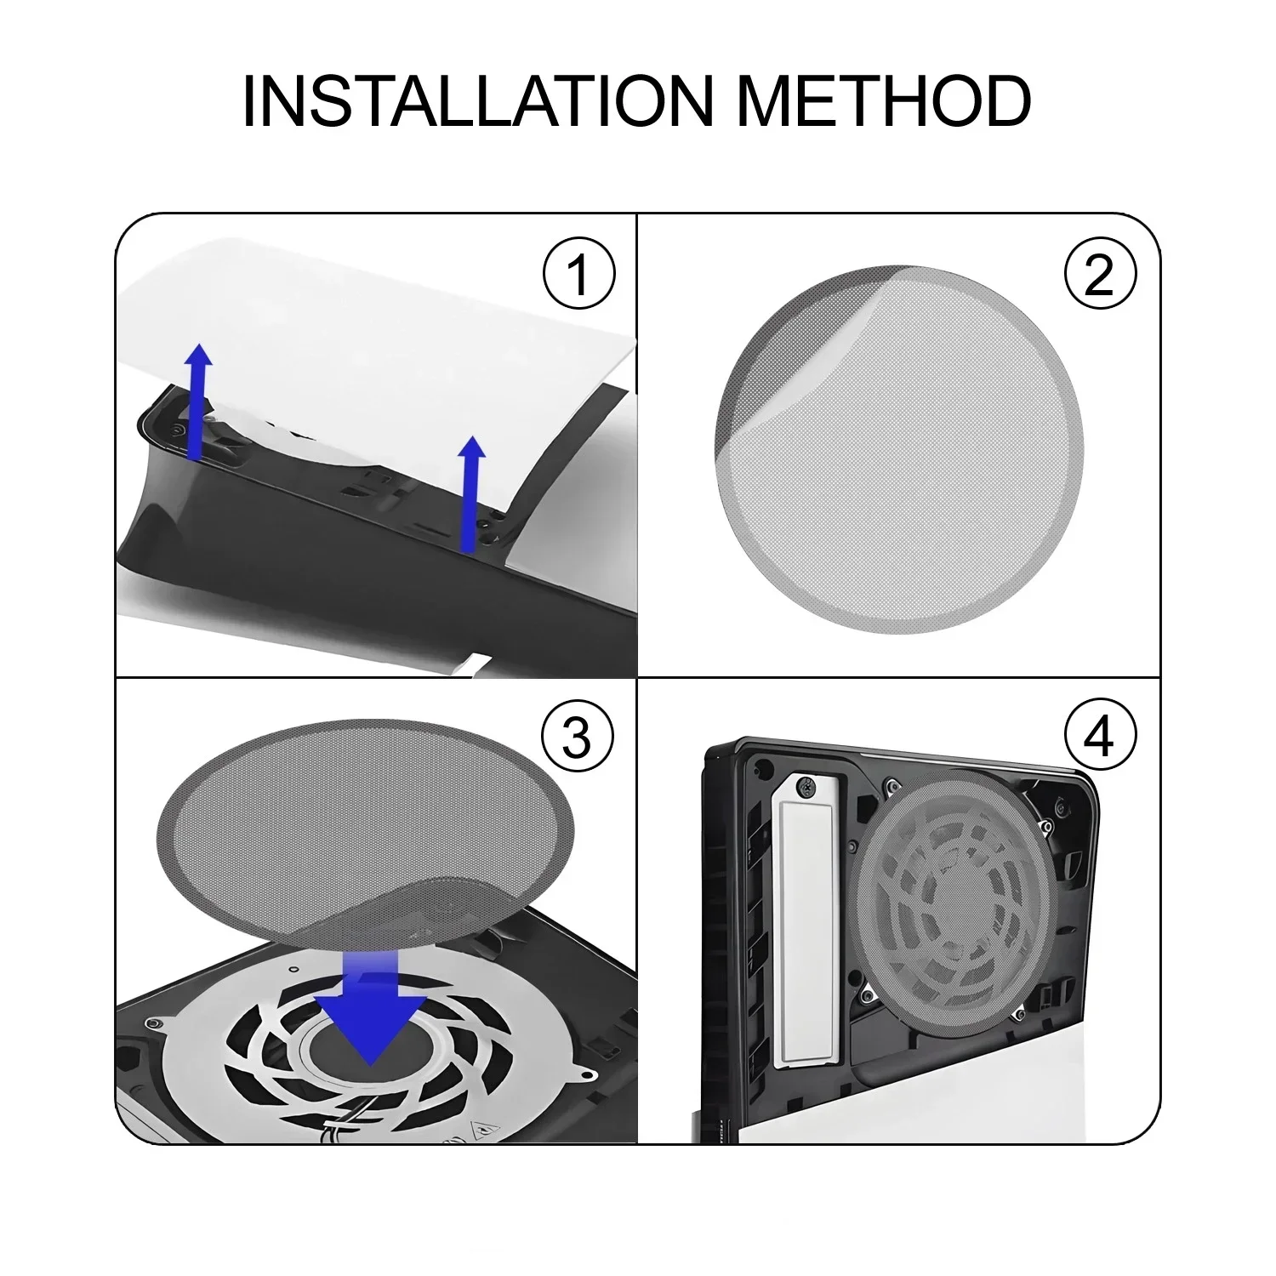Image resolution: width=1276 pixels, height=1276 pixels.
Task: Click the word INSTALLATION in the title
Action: tap(477, 102)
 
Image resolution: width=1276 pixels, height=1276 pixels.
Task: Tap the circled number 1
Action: tap(578, 275)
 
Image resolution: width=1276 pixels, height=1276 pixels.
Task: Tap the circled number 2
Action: tap(1099, 275)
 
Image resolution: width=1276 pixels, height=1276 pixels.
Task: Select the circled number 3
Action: tap(578, 737)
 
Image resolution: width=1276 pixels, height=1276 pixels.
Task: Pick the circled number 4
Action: tap(1099, 737)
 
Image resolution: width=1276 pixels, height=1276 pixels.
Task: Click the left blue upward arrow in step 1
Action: tap(198, 400)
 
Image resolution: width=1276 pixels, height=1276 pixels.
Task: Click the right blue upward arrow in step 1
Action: tap(470, 493)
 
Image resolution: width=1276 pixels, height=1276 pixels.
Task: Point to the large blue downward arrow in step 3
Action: tap(371, 1012)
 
